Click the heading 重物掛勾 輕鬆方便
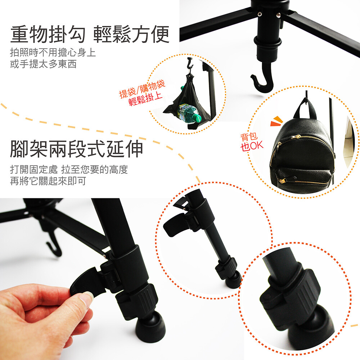(90, 35)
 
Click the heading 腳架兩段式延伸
(76, 149)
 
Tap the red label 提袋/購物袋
(142, 89)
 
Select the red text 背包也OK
(252, 142)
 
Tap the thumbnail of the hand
(86, 298)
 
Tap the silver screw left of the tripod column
(260, 14)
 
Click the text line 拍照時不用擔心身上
(53, 53)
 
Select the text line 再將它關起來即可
(48, 181)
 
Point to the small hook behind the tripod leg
(54, 243)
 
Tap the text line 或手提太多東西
(43, 64)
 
